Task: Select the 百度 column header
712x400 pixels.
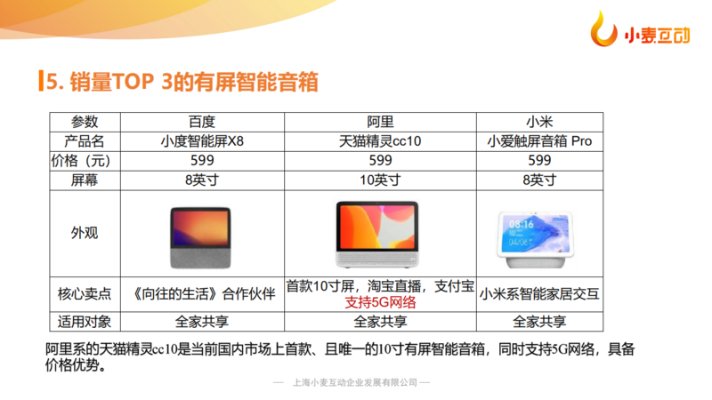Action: click(x=202, y=122)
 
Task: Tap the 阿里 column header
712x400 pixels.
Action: click(x=380, y=122)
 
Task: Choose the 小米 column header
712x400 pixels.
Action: click(x=539, y=122)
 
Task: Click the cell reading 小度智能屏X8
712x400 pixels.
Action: click(x=202, y=141)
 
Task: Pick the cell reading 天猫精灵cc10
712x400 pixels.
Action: click(x=380, y=141)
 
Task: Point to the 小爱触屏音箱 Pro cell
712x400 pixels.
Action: click(x=539, y=141)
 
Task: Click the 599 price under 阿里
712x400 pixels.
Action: click(x=380, y=161)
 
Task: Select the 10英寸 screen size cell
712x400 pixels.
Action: click(x=380, y=180)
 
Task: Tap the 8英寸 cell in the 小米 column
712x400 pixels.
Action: click(x=539, y=180)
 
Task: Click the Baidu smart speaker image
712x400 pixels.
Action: click(x=201, y=237)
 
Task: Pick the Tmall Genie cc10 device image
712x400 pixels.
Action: click(x=377, y=234)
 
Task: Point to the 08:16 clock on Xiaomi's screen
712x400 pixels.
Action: click(x=521, y=224)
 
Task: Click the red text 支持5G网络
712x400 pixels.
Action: click(x=380, y=302)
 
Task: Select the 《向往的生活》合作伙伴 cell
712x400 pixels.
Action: click(x=203, y=294)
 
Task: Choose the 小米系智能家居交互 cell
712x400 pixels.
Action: click(x=539, y=294)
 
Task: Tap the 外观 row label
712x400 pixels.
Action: click(x=85, y=233)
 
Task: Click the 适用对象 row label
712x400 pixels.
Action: click(x=85, y=322)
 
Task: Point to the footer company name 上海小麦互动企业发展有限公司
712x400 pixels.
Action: click(x=355, y=383)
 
